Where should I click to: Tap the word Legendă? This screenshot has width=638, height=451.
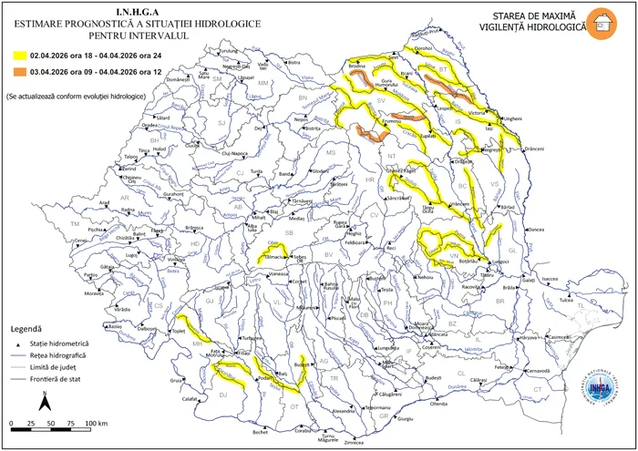point(26,326)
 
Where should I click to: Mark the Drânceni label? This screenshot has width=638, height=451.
point(535,148)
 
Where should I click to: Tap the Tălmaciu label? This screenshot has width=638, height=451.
point(274,258)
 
